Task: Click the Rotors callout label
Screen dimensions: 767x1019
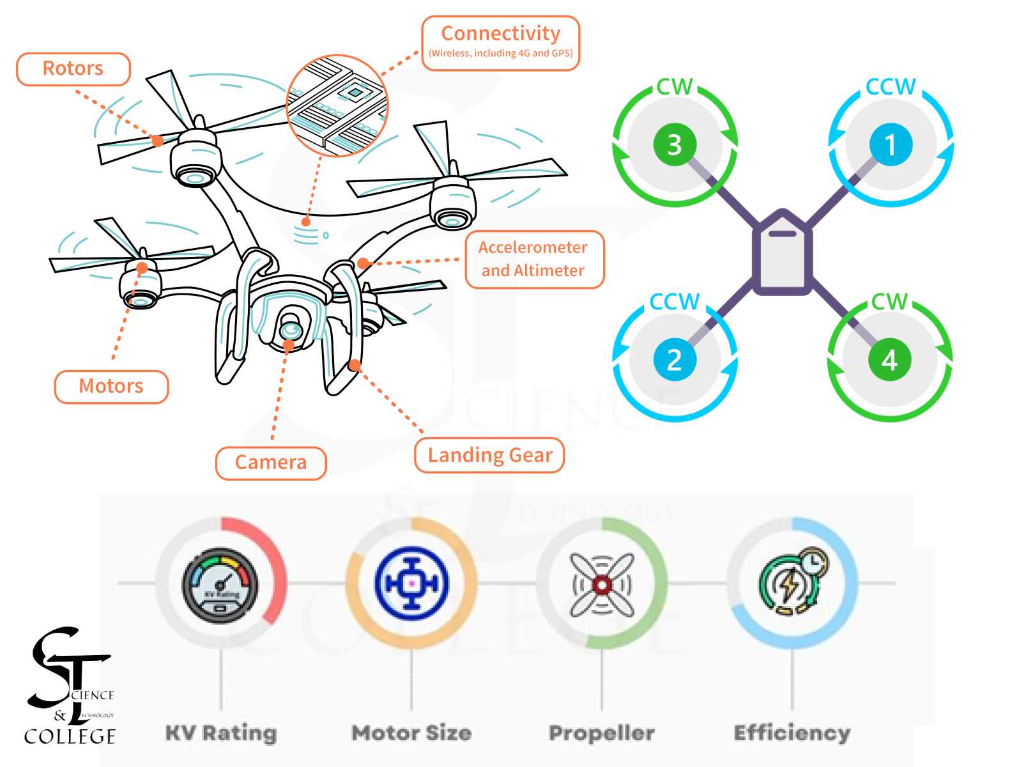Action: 73,69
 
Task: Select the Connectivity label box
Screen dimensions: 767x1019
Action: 500,43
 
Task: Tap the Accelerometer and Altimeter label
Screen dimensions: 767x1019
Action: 533,259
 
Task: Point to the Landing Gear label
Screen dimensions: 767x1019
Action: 489,455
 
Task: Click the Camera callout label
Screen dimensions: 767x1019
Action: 271,462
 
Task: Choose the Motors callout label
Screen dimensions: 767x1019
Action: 111,387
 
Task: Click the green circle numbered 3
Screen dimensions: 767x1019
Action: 674,144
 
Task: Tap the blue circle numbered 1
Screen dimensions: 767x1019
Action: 890,144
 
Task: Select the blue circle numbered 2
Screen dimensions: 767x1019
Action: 674,360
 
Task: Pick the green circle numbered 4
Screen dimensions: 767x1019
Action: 890,360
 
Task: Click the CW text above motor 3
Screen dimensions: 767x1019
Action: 675,87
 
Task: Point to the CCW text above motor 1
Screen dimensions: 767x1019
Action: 891,87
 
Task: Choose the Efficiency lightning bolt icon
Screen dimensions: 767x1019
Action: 791,583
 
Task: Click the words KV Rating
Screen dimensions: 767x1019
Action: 221,732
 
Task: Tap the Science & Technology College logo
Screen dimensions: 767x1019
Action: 70,687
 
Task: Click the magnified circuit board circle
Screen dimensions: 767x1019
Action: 337,105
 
